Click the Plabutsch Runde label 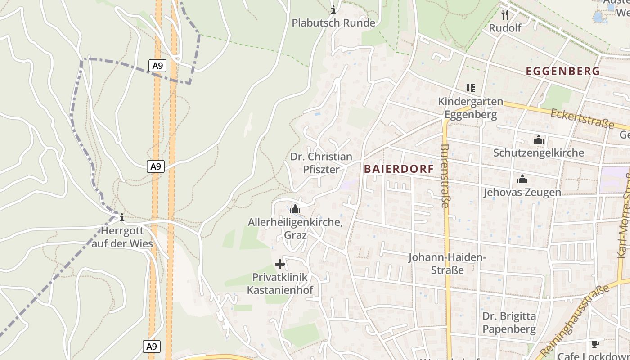click(x=333, y=22)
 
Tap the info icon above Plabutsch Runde click(x=333, y=9)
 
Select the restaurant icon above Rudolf click(x=505, y=15)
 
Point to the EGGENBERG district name click(x=562, y=71)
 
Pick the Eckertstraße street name click(x=582, y=118)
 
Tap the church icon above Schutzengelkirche click(x=539, y=140)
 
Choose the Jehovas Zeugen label click(x=522, y=193)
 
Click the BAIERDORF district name click(x=399, y=169)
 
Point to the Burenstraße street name click(x=445, y=175)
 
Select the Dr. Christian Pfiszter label click(x=321, y=163)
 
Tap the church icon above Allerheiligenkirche click(x=295, y=209)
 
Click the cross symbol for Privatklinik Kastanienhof click(x=280, y=264)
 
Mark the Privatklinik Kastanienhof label click(x=280, y=283)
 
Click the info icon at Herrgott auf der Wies click(x=121, y=218)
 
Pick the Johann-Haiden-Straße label click(x=447, y=264)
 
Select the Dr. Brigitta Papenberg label click(x=509, y=322)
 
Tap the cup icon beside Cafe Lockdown click(x=595, y=344)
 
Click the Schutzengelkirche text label click(x=539, y=153)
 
